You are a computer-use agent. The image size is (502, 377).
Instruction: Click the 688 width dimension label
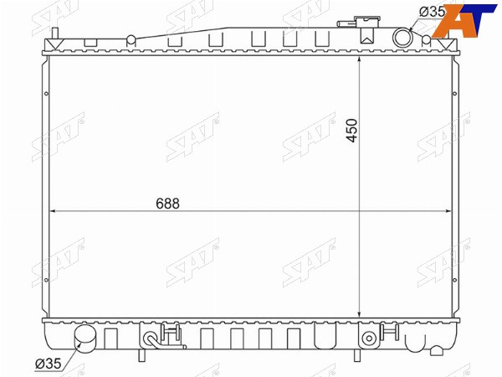[168, 204]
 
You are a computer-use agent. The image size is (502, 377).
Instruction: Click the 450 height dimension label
[351, 131]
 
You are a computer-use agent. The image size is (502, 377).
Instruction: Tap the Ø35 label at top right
[432, 12]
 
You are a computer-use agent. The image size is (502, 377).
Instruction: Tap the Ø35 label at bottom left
[48, 364]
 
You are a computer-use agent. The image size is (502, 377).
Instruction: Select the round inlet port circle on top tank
[402, 38]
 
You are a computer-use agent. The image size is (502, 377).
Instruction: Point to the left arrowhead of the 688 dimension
[54, 211]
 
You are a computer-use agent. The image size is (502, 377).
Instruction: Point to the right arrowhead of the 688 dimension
[448, 211]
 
